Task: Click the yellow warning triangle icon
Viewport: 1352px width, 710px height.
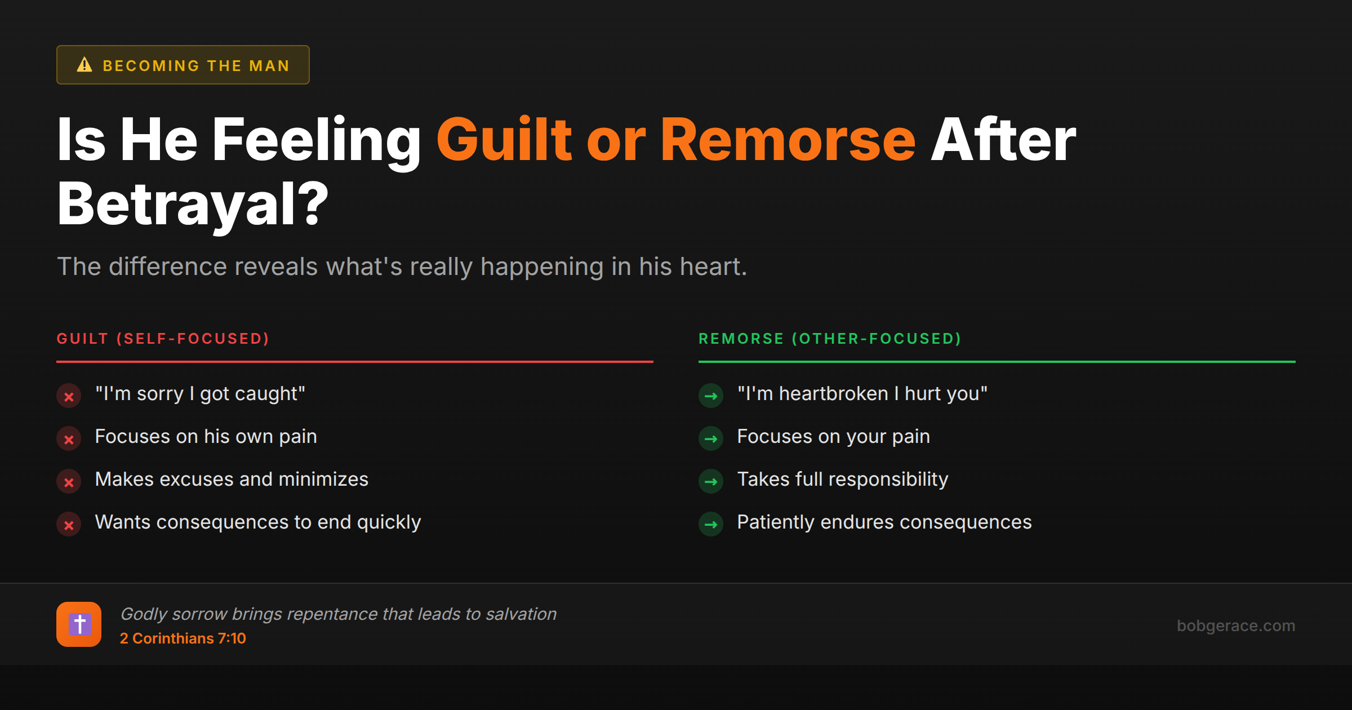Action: [84, 65]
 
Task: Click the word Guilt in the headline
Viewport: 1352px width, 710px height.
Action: [504, 140]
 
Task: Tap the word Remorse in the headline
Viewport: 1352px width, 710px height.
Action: [788, 140]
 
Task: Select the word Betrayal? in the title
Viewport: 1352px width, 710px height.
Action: [193, 204]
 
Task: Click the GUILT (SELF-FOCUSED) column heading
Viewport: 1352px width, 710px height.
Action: [163, 339]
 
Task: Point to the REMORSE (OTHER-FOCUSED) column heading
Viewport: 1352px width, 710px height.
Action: [830, 339]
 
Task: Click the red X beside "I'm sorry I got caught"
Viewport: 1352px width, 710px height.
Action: [69, 396]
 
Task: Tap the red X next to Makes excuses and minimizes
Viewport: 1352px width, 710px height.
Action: [69, 482]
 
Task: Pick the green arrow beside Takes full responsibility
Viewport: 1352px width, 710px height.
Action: [711, 482]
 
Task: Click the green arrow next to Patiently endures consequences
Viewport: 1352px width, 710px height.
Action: [711, 525]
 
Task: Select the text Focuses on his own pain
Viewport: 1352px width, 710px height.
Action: [206, 437]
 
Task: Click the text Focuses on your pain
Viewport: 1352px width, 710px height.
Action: [833, 437]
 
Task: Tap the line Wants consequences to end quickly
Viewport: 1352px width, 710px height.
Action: [257, 522]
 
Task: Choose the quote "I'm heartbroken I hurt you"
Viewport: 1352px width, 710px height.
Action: [862, 394]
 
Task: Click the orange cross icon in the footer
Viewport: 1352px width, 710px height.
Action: [79, 624]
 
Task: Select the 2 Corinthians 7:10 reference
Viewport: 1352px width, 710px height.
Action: [183, 638]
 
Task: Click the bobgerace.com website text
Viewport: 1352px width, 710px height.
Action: [1235, 625]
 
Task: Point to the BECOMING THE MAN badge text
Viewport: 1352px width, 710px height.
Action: [196, 66]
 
